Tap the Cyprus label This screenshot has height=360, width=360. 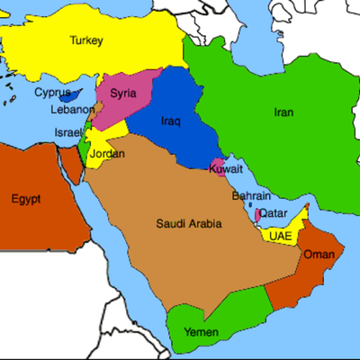[x=52, y=91]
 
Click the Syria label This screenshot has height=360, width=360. [x=123, y=93]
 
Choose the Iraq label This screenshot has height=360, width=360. [x=171, y=121]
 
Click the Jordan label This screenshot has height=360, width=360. [x=108, y=154]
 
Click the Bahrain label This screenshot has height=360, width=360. [x=249, y=195]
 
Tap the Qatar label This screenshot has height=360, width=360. [x=274, y=213]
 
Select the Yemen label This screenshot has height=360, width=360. [x=201, y=333]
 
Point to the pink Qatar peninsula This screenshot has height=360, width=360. [x=258, y=215]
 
